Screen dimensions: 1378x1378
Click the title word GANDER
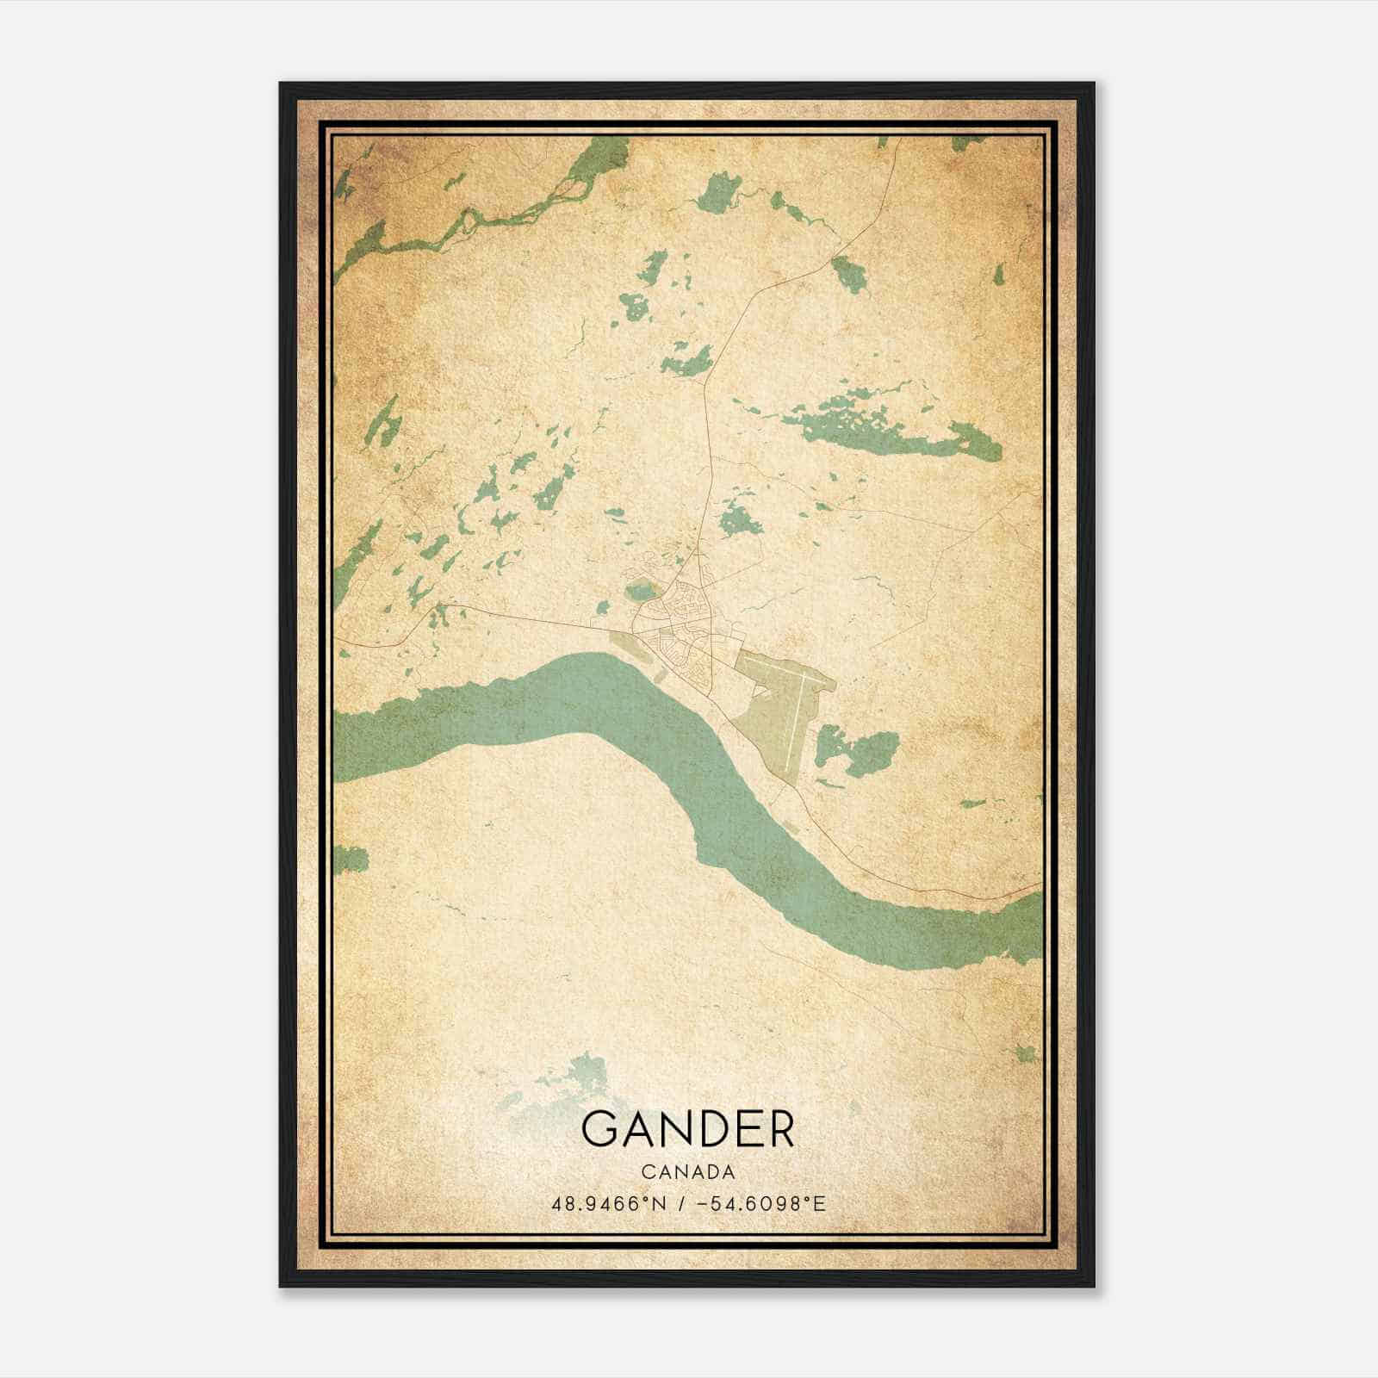point(687,1130)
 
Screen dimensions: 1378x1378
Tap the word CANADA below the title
point(687,1172)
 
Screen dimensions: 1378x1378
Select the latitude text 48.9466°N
point(610,1203)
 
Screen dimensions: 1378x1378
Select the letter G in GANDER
point(599,1130)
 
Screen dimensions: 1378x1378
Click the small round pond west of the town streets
point(639,591)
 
